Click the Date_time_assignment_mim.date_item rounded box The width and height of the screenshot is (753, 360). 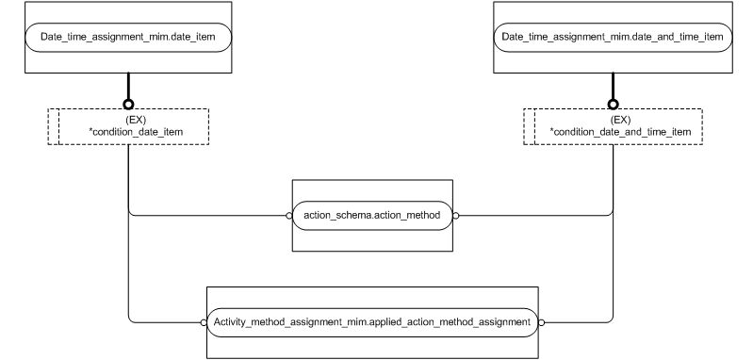click(x=128, y=37)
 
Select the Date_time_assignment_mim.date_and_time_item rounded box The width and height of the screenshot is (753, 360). click(x=614, y=37)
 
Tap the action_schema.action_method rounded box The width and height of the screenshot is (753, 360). click(x=372, y=215)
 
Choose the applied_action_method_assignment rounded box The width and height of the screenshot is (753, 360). click(x=372, y=321)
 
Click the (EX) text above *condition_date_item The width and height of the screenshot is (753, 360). click(x=129, y=120)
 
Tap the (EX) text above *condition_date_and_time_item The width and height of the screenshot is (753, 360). click(x=614, y=120)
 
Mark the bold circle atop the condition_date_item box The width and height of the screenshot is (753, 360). click(x=128, y=104)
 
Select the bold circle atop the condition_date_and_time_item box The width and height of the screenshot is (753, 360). click(x=614, y=104)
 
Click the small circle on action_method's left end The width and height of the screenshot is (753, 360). click(x=289, y=215)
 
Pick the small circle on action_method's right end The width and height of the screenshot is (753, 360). click(x=455, y=215)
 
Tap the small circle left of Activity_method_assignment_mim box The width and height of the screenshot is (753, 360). click(x=203, y=321)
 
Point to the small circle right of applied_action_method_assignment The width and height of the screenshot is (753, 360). click(x=542, y=321)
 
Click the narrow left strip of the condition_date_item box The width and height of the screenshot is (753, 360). click(x=54, y=126)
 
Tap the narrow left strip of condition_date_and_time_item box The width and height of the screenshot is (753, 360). click(x=529, y=126)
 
